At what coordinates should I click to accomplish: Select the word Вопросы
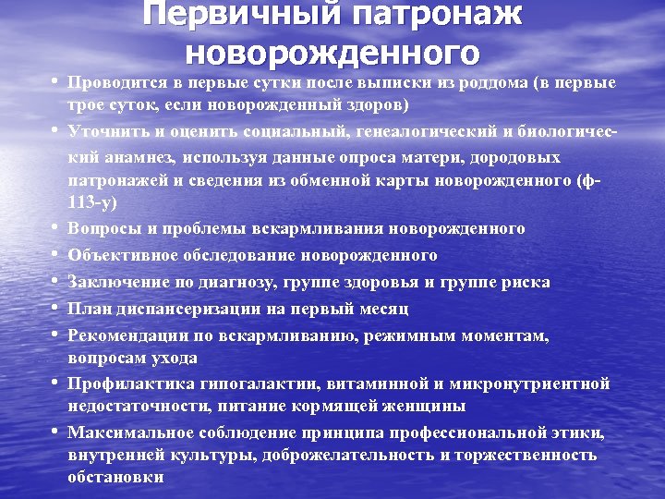click(x=101, y=228)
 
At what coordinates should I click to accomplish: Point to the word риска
click(x=526, y=282)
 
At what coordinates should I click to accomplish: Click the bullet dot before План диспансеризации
click(x=56, y=309)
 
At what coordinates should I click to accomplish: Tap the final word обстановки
click(x=115, y=479)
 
